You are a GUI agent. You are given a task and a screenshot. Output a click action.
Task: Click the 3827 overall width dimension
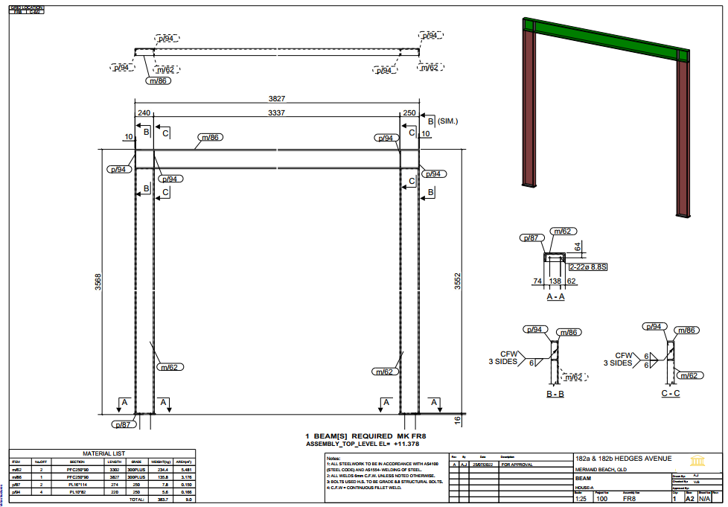tap(277, 98)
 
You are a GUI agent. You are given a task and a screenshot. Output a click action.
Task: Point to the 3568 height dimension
tap(98, 282)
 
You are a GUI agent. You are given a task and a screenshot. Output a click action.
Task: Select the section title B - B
tap(555, 393)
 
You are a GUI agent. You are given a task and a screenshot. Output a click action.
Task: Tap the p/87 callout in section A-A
tap(530, 238)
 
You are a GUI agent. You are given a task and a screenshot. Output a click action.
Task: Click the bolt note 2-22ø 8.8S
tap(588, 266)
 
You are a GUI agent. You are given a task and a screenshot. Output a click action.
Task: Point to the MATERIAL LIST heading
tap(103, 453)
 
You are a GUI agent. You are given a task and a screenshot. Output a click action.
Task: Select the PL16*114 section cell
tap(78, 484)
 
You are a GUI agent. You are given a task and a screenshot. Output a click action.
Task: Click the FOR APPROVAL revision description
tap(517, 464)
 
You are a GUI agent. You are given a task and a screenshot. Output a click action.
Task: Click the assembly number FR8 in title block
tap(629, 500)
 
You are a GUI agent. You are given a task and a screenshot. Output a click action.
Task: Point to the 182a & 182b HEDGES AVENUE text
tap(623, 459)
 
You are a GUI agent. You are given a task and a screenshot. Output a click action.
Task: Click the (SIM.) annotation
tap(448, 121)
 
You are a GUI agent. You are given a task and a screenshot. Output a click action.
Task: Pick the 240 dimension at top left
tap(144, 113)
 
